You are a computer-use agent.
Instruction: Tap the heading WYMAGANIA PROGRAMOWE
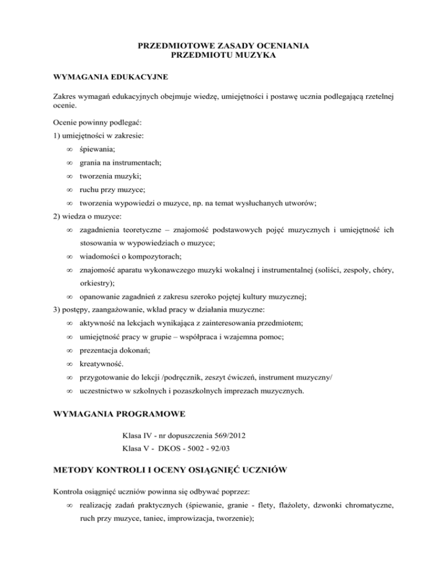tap(119, 414)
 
